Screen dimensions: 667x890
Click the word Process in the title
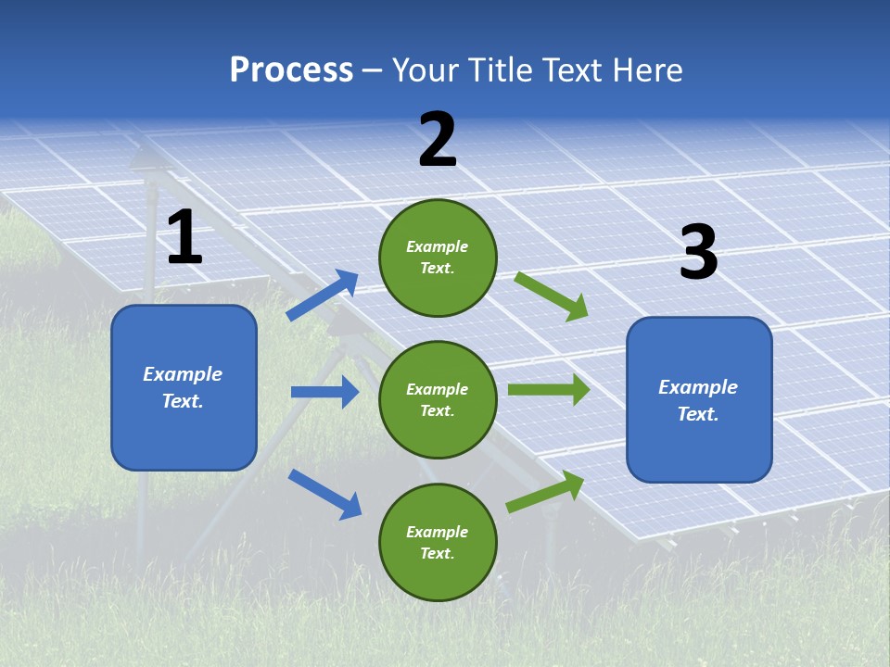[x=291, y=70]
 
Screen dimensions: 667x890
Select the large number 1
[x=184, y=238]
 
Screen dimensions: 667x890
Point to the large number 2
[x=438, y=140]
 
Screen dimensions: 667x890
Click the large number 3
[x=698, y=253]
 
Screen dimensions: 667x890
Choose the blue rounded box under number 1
[x=184, y=387]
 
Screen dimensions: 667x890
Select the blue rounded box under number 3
[x=699, y=399]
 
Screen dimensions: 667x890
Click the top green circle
[x=438, y=258]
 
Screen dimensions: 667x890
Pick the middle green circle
[x=438, y=399]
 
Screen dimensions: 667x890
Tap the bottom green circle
[x=438, y=542]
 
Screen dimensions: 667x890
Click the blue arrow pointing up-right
[x=323, y=296]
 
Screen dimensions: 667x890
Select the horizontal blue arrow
[x=324, y=392]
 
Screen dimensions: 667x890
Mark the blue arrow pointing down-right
[x=324, y=493]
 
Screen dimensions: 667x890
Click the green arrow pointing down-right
[x=552, y=296]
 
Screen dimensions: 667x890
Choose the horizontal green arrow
[x=548, y=390]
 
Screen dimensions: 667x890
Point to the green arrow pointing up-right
[x=545, y=491]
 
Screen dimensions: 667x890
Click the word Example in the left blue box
[x=183, y=374]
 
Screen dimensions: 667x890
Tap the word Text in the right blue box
[x=697, y=414]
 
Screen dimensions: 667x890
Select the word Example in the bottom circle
[x=437, y=532]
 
